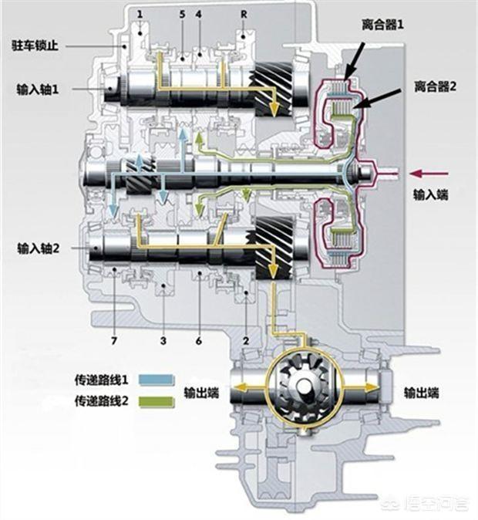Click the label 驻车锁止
[x=34, y=46]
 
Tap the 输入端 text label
[x=427, y=196]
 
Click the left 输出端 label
[x=201, y=393]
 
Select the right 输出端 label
[x=422, y=393]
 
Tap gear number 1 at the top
[x=140, y=15]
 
